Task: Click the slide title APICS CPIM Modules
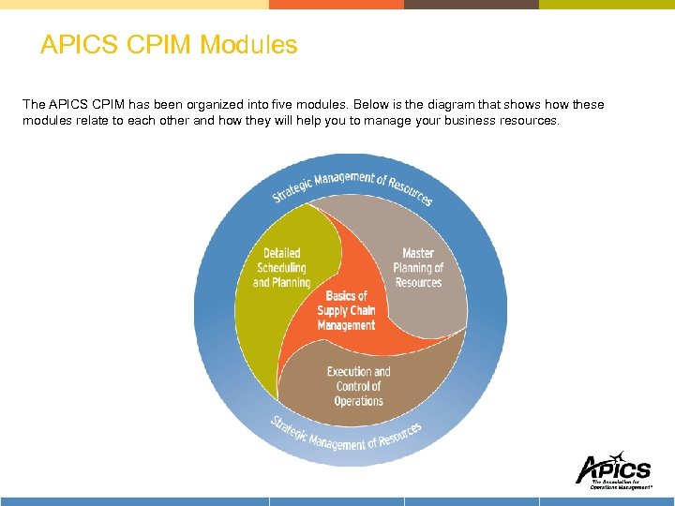[169, 45]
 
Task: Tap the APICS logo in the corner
[613, 470]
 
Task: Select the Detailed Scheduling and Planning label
[281, 268]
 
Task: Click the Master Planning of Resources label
[417, 268]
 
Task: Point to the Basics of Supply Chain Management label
[346, 311]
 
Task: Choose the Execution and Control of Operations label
[358, 386]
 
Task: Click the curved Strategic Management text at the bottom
[346, 434]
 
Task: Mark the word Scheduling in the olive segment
[281, 268]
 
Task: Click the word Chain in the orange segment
[362, 311]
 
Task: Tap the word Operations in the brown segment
[358, 401]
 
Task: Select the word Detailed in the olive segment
[281, 253]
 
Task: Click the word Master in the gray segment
[418, 253]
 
